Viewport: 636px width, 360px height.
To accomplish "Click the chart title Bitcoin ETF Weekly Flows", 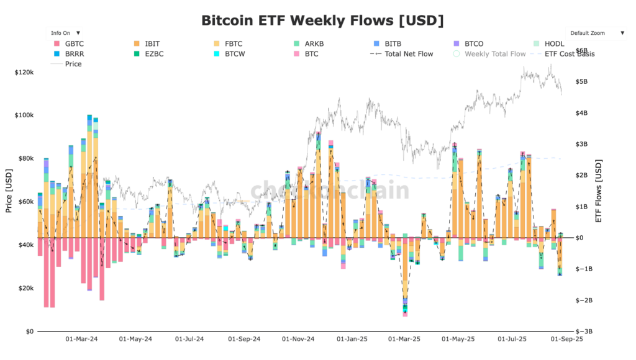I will pyautogui.click(x=322, y=20).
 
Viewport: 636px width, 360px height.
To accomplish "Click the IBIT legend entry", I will pyautogui.click(x=152, y=44).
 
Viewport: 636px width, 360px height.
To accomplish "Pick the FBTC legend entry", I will pyautogui.click(x=233, y=44).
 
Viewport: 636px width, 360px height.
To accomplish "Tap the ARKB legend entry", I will pyautogui.click(x=314, y=44).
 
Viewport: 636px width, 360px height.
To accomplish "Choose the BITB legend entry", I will pyautogui.click(x=393, y=44).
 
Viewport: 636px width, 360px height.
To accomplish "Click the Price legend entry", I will pyautogui.click(x=73, y=64).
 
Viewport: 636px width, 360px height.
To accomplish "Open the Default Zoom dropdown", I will pyautogui.click(x=597, y=32).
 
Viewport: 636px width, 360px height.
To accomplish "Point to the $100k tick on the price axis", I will pyautogui.click(x=24, y=115).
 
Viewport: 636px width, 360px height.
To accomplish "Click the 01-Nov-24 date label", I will pyautogui.click(x=298, y=340).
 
